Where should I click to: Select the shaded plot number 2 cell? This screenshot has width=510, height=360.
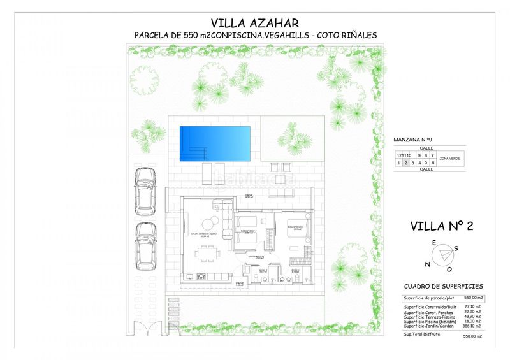coord(405,163)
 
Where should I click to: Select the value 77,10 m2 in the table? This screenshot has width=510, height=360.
coord(473,306)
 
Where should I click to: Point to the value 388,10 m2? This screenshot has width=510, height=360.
coord(473,325)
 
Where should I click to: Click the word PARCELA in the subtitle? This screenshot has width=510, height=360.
coord(154,36)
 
